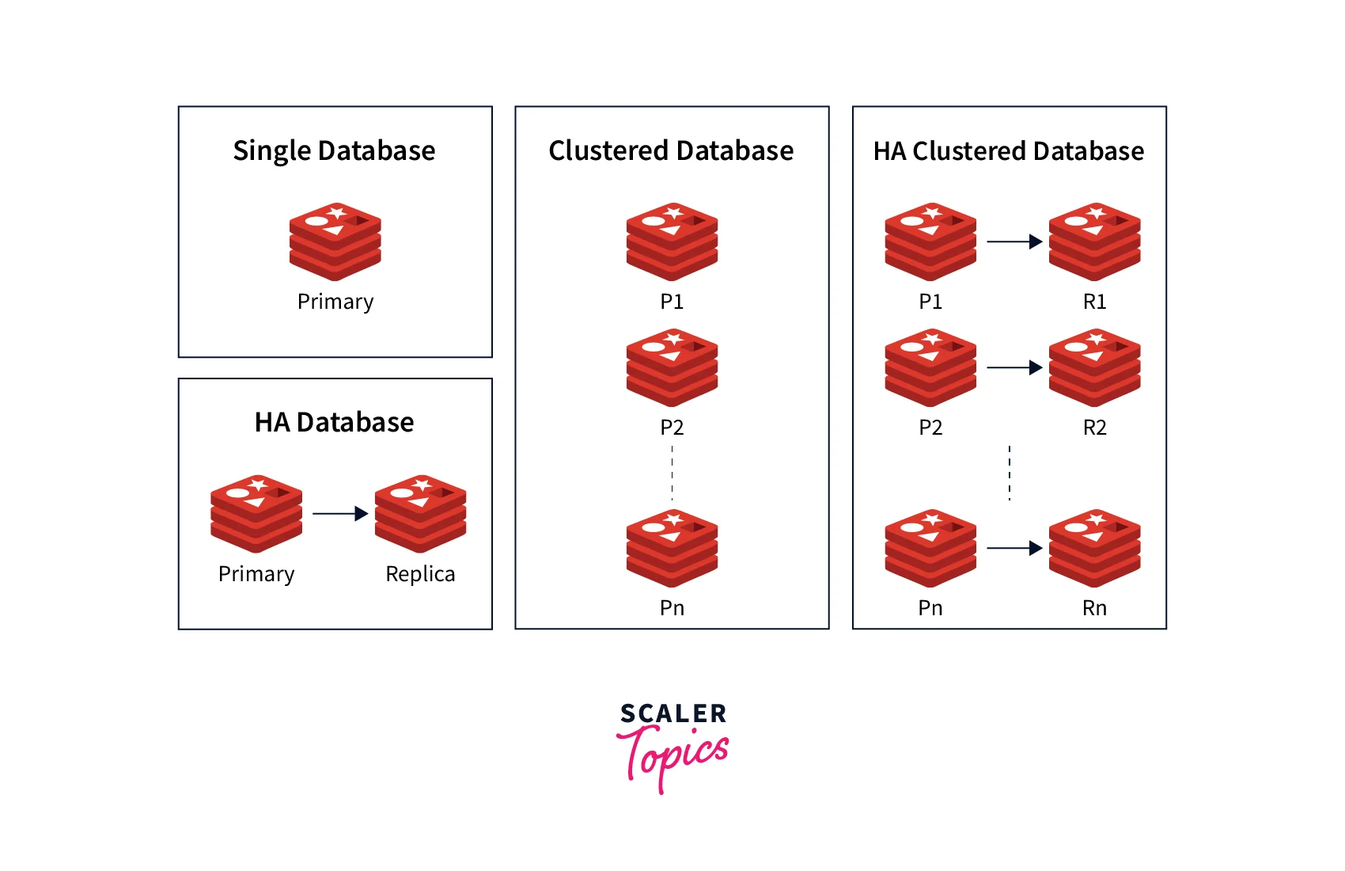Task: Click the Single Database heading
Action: [334, 151]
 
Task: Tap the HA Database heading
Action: [334, 422]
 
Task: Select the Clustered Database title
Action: [671, 150]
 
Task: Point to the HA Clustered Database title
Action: [1008, 151]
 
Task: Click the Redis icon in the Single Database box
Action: [335, 242]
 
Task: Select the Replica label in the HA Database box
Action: [420, 574]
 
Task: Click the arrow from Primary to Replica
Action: [340, 513]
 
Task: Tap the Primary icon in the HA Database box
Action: [256, 514]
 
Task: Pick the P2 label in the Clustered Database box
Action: [672, 428]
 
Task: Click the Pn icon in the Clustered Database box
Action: [672, 548]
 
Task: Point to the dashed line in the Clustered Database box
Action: [672, 473]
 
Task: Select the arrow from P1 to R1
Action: [1014, 242]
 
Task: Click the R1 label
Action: [1095, 301]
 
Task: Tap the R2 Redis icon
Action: [1095, 368]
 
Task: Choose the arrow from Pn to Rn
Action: [1014, 548]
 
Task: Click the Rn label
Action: [1095, 607]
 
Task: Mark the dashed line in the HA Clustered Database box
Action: [1010, 473]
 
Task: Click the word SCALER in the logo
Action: [673, 713]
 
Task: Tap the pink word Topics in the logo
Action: [672, 759]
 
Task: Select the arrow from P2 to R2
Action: [1014, 367]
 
